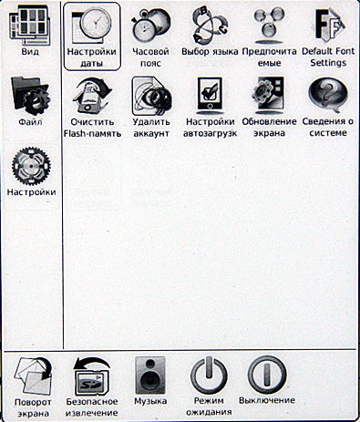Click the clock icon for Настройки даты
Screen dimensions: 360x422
pos(91,26)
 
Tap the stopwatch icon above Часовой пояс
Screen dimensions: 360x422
pos(150,26)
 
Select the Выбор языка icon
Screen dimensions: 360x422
pos(210,26)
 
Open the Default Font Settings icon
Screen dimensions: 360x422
pos(329,26)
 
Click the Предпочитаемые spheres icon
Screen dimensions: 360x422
pos(269,26)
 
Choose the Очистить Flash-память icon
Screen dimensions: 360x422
pos(92,96)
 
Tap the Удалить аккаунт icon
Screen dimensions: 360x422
pos(151,96)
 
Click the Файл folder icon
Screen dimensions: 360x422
pos(30,97)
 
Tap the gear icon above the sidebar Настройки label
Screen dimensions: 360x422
pos(31,166)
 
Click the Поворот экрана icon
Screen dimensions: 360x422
pos(33,376)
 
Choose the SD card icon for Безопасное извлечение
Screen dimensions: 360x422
pos(91,376)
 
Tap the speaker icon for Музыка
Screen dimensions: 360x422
pos(150,376)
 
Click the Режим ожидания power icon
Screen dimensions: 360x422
pos(209,376)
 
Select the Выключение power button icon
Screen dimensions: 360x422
pos(267,375)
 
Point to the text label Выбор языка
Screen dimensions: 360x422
pos(210,52)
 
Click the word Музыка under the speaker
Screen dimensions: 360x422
pos(150,401)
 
